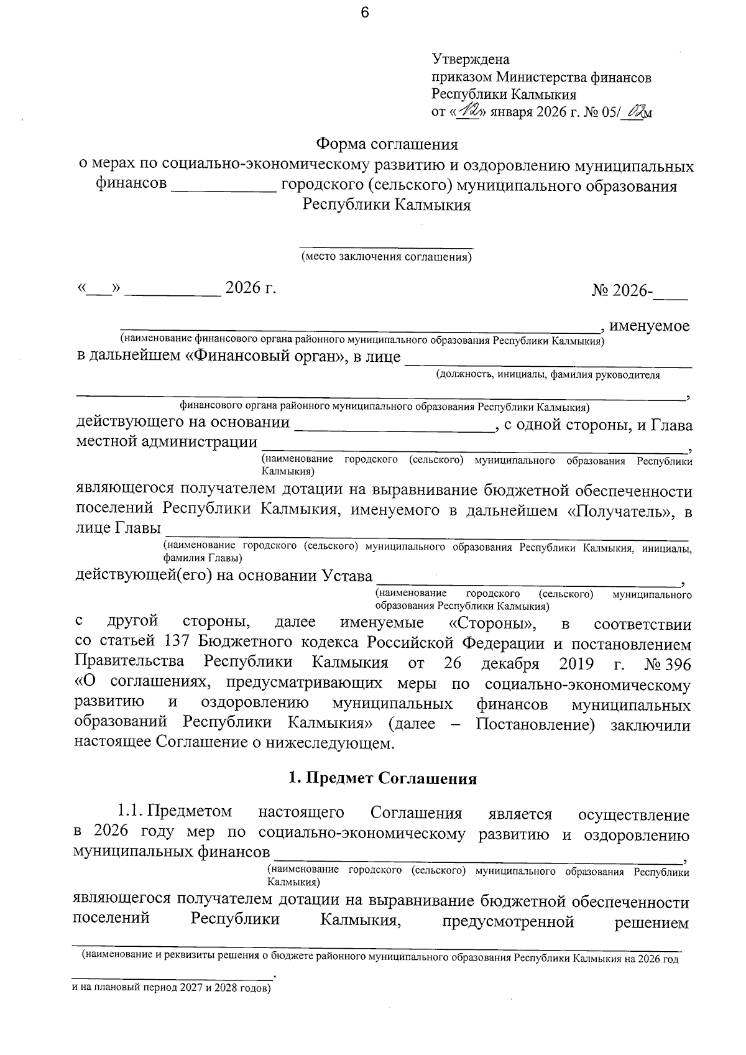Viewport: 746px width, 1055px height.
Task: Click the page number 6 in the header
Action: pyautogui.click(x=364, y=13)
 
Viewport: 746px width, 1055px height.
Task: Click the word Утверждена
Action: pyautogui.click(x=471, y=60)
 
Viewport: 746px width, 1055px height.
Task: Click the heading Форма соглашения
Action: pyautogui.click(x=387, y=145)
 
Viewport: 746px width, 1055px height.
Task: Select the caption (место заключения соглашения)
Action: pyautogui.click(x=386, y=257)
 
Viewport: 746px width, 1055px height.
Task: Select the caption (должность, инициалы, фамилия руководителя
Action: pyautogui.click(x=547, y=375)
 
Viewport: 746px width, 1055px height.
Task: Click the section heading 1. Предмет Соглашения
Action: pyautogui.click(x=382, y=779)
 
